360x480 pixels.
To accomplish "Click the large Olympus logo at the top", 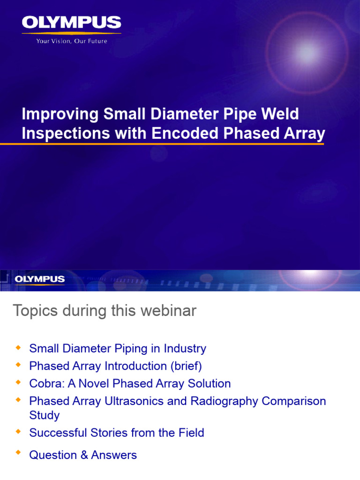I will click(71, 23).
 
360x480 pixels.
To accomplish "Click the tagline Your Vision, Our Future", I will click(72, 41).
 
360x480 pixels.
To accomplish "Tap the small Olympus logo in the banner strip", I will click(39, 279).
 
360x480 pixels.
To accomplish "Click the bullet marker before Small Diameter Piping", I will click(18, 348).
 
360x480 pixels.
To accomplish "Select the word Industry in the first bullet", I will click(185, 349).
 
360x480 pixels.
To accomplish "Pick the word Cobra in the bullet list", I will click(45, 384).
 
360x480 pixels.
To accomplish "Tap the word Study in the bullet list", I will click(45, 415).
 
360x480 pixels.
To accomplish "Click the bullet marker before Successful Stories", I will click(18, 432).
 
